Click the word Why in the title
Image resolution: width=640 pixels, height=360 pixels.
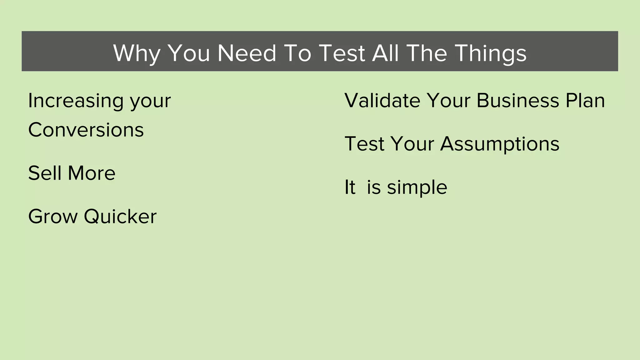click(137, 53)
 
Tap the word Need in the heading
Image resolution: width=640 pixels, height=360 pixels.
click(247, 53)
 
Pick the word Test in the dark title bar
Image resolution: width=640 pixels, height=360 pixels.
click(342, 53)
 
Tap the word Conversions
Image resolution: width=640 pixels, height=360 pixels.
click(86, 130)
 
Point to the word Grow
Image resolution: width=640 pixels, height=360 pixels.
click(53, 216)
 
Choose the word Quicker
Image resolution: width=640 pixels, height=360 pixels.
click(120, 216)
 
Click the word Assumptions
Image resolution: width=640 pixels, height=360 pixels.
click(500, 144)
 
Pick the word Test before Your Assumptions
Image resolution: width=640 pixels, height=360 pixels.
click(364, 144)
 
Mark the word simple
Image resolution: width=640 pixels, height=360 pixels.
click(417, 187)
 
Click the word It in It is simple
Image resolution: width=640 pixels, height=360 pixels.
click(350, 187)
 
